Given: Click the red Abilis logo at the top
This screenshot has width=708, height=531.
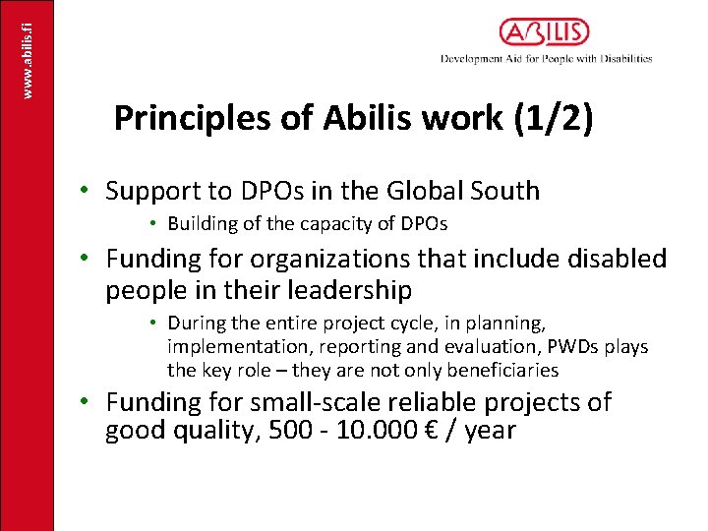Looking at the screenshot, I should (544, 32).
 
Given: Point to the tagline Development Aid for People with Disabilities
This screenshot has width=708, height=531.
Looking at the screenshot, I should (546, 59).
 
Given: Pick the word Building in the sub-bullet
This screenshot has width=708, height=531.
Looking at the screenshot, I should (203, 224).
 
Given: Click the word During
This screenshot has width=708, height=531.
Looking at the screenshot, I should (197, 324).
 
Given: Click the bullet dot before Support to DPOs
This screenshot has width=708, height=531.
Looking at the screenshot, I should (86, 190).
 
